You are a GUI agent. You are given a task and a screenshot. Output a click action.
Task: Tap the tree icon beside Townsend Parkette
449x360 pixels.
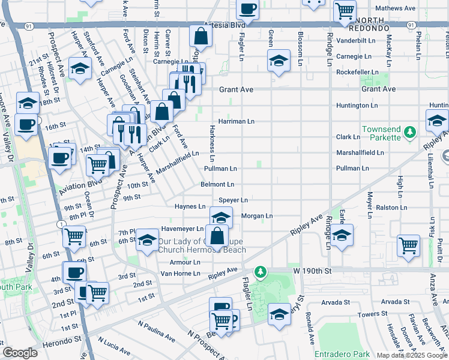pyautogui.click(x=410, y=131)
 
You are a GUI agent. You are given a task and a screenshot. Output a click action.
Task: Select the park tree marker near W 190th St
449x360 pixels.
pyautogui.click(x=260, y=272)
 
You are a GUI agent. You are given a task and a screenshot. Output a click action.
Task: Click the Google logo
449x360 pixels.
pyautogui.click(x=19, y=353)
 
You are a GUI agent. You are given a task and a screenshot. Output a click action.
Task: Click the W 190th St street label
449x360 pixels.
pyautogui.click(x=312, y=271)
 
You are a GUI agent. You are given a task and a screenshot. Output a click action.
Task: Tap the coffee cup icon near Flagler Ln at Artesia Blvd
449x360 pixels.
pyautogui.click(x=247, y=8)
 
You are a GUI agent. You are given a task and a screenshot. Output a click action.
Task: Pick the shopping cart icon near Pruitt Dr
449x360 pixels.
pyautogui.click(x=408, y=245)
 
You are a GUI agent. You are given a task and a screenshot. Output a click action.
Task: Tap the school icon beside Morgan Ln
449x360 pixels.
pyautogui.click(x=221, y=217)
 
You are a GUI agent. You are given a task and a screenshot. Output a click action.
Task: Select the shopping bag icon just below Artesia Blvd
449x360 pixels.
pyautogui.click(x=201, y=36)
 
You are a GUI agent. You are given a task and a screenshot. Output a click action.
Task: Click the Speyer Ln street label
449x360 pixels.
pyautogui.click(x=233, y=200)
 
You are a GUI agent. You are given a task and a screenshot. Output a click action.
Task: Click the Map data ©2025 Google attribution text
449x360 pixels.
pyautogui.click(x=412, y=355)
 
